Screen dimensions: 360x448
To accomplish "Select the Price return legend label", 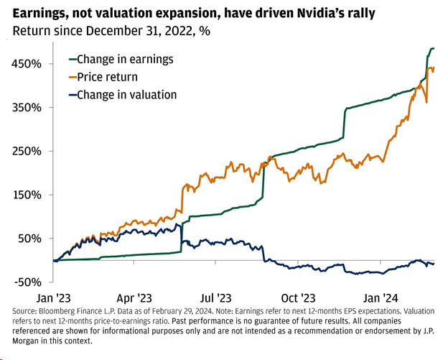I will [x=107, y=76].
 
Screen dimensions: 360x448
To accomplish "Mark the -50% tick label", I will [x=25, y=282].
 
